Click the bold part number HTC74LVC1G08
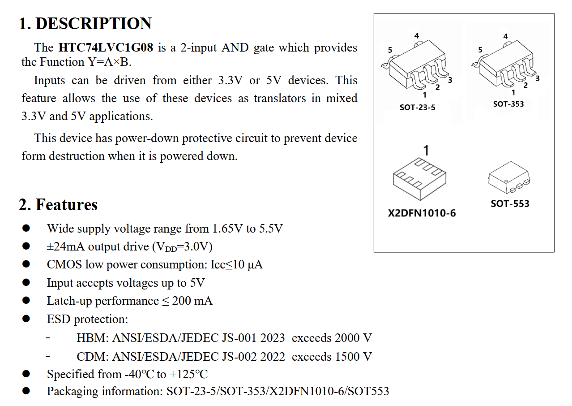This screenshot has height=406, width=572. point(106,48)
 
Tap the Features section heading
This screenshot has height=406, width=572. point(66,205)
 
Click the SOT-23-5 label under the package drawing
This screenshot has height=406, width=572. point(417,108)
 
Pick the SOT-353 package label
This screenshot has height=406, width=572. point(508,104)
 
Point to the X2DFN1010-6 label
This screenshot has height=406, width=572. point(422,213)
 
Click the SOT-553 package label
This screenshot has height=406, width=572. point(510,204)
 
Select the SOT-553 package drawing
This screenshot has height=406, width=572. point(509,178)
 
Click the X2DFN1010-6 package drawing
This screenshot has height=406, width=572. point(419,178)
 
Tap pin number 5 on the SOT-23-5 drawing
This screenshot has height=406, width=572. point(389,50)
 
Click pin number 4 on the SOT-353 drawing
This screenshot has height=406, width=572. point(506,36)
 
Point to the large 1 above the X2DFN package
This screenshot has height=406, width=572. point(426,150)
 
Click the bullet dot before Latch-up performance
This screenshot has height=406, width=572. point(26,301)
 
